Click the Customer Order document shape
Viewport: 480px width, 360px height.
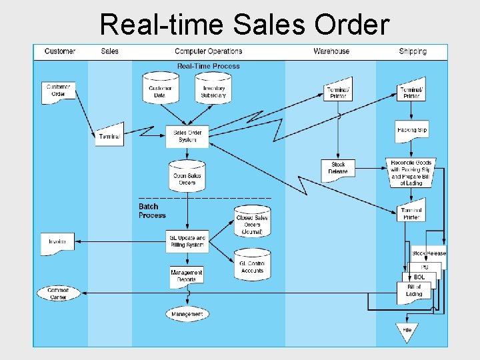pos(59,93)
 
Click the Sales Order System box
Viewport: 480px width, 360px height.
pos(187,136)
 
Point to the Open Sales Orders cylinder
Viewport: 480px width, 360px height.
pos(187,176)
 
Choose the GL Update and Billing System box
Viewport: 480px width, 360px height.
pos(187,241)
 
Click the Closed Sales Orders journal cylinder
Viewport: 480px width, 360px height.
pos(252,222)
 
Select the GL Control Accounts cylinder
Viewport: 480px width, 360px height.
pos(252,265)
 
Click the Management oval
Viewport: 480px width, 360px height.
pos(187,314)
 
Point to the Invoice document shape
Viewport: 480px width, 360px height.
pos(57,243)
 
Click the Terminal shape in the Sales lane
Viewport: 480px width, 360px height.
pos(109,135)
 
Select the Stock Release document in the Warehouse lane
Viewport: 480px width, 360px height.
pos(338,168)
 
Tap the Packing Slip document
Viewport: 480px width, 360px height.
pos(411,129)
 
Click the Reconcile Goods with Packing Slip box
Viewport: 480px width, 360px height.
pos(411,173)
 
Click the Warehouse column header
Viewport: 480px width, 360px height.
pos(331,51)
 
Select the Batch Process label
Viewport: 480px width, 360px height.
pos(152,211)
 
